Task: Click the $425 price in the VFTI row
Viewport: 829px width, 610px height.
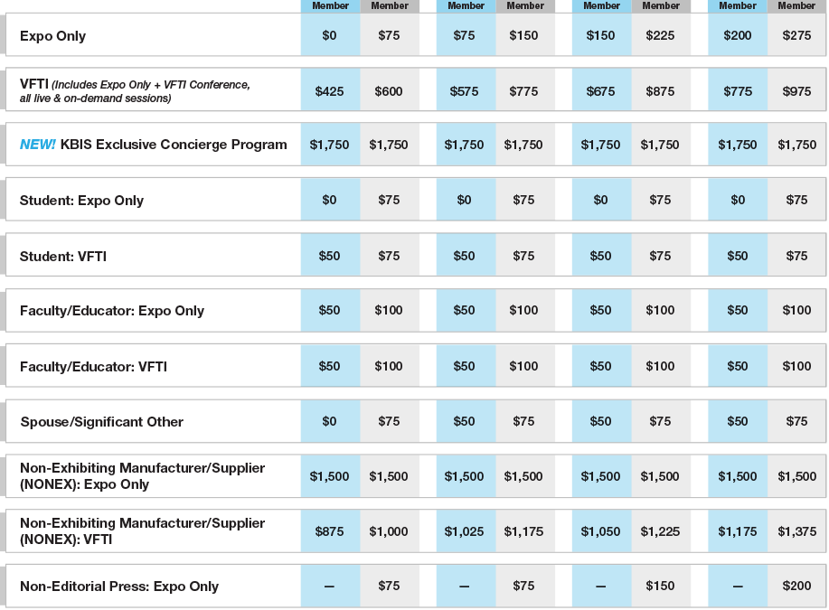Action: pos(330,91)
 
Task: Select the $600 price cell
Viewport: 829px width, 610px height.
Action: pos(389,91)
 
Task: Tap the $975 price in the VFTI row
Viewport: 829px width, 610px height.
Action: pos(796,91)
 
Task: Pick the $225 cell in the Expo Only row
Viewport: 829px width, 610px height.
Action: pos(660,36)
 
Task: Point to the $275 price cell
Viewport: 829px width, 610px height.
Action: pos(796,36)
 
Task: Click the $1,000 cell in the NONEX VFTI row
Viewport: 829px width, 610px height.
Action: pos(389,532)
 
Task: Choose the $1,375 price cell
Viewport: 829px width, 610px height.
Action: pos(796,532)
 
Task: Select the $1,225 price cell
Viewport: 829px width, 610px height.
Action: pos(660,532)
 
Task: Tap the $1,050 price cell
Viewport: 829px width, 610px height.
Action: pos(601,532)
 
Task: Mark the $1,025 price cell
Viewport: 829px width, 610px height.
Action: pos(465,532)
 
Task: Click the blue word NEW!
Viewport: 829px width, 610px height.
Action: pos(38,145)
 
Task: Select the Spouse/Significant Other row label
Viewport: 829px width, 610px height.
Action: pos(101,422)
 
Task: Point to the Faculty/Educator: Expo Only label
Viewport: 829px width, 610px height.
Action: pos(112,311)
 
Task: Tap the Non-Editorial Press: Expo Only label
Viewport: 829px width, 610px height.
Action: pos(119,587)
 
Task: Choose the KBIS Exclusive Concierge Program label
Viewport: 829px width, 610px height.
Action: pos(174,145)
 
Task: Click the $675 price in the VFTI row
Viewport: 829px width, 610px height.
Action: pos(601,91)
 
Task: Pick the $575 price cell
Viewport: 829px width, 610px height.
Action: pos(465,91)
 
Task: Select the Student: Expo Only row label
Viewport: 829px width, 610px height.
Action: pos(81,201)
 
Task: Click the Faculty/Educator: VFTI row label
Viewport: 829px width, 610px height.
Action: pos(93,367)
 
